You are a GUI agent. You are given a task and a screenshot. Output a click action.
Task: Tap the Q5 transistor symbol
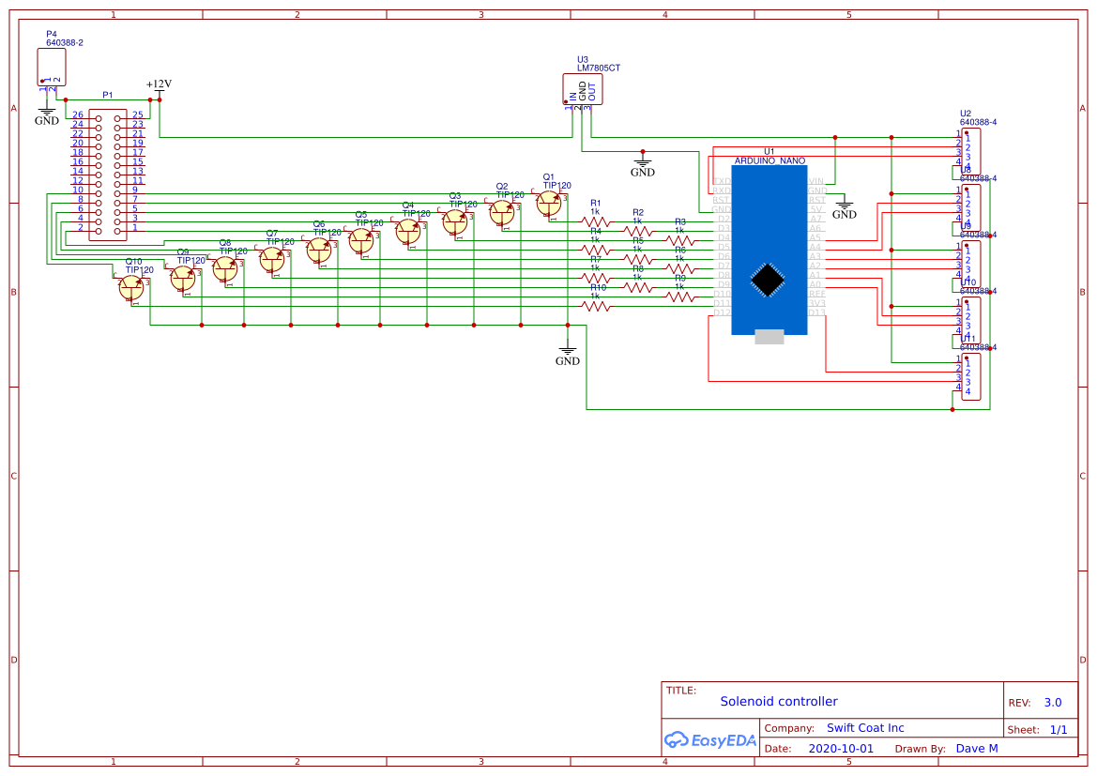tap(361, 241)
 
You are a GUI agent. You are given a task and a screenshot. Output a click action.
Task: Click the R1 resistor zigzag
tap(595, 222)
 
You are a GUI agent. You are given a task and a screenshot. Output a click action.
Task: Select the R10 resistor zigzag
tap(595, 306)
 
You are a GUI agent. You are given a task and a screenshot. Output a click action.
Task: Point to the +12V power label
tap(159, 84)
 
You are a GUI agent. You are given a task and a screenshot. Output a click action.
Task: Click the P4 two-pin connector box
tap(52, 67)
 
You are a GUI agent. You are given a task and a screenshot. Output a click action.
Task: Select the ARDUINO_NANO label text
tap(769, 161)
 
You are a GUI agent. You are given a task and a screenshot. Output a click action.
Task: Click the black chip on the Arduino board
tap(769, 280)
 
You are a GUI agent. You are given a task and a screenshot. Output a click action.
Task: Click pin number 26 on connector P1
tap(78, 114)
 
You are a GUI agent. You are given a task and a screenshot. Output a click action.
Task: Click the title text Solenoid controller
tap(778, 701)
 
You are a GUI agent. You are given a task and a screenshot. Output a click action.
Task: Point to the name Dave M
tap(976, 749)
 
